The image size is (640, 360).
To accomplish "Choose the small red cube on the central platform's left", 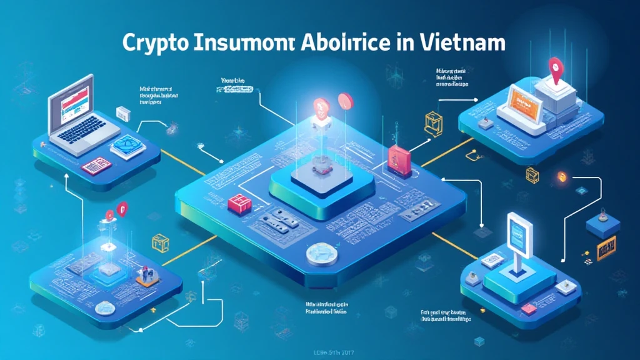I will pos(237,203).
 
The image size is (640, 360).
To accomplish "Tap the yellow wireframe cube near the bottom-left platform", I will pos(160,241).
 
